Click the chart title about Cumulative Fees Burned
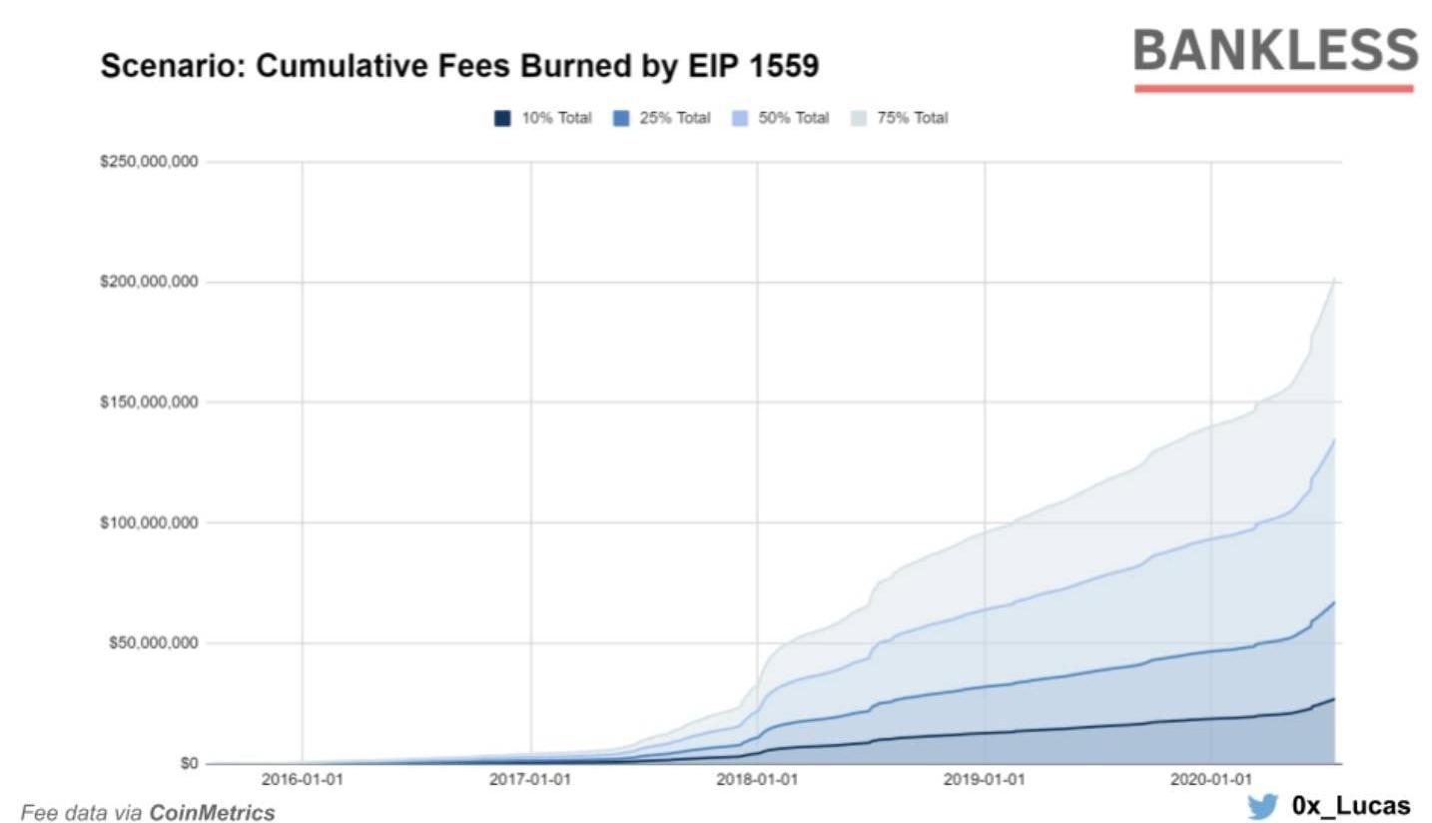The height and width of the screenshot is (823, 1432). coord(459,67)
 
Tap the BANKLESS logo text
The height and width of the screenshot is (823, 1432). coord(1275,50)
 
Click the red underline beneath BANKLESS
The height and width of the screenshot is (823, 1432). coord(1273,89)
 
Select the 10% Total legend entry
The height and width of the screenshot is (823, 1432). coord(543,118)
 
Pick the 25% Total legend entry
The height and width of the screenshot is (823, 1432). coord(662,118)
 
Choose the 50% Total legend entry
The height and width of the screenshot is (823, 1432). coord(781,118)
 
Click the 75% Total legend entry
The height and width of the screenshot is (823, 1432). coord(900,118)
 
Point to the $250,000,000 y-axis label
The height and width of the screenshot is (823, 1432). coord(149,162)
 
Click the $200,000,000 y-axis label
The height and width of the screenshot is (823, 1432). coord(149,283)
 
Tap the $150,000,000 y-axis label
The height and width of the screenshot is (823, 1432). coord(149,403)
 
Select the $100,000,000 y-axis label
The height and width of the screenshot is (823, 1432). coord(149,522)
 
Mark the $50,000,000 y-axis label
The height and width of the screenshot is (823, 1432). coord(153,643)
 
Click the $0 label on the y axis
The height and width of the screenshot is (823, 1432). coord(187,764)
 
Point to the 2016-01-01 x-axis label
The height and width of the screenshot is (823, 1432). coord(302,779)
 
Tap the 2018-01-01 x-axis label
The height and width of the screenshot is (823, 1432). coord(757,779)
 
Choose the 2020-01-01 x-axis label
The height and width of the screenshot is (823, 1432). coord(1210,779)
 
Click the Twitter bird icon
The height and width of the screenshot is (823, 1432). coord(1262,805)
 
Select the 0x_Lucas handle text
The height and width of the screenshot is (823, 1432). coord(1350,805)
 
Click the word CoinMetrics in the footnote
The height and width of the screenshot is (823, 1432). coord(212,813)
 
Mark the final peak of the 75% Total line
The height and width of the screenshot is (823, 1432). coord(1334,279)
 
